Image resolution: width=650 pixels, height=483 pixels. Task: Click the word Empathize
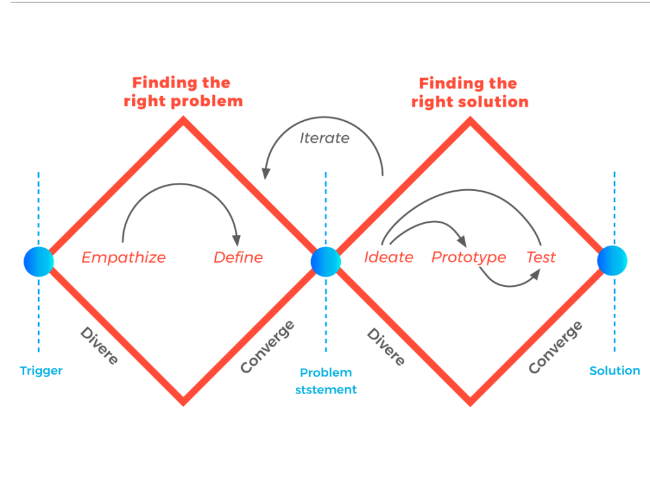point(124,258)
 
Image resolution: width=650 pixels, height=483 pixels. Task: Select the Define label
point(238,258)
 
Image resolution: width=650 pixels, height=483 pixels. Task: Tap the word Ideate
point(388,258)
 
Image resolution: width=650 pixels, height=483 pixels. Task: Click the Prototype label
point(468,258)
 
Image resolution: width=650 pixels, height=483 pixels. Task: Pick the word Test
point(541,258)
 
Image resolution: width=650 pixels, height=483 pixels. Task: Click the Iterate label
point(324,138)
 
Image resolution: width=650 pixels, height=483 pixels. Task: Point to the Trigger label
point(41,371)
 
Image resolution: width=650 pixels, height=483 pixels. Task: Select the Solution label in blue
point(614,371)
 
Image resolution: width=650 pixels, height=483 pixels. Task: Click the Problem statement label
point(326,381)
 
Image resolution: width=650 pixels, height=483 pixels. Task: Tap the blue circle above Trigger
point(39,261)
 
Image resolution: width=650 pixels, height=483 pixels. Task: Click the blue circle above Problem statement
point(326,261)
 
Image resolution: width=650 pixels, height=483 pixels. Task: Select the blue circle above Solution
point(613,261)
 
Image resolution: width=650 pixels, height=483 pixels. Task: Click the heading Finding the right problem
point(183,92)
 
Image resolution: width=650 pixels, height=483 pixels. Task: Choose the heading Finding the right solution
point(470,93)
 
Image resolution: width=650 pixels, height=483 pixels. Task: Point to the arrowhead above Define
point(237,241)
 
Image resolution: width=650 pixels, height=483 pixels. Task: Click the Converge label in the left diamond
point(267,347)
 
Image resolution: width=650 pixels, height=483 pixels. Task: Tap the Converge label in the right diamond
point(555,347)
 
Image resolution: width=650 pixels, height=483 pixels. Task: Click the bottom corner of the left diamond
point(183,401)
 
